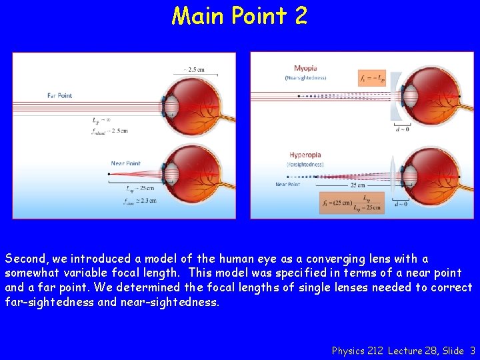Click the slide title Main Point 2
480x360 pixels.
[239, 15]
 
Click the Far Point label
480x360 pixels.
[59, 95]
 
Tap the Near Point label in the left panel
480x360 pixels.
[126, 163]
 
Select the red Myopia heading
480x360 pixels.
[305, 68]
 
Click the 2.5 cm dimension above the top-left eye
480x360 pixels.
[194, 69]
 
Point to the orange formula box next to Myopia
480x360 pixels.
[371, 77]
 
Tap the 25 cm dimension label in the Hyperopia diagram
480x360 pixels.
[357, 185]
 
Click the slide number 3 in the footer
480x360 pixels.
[472, 350]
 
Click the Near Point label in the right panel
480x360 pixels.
[288, 185]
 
